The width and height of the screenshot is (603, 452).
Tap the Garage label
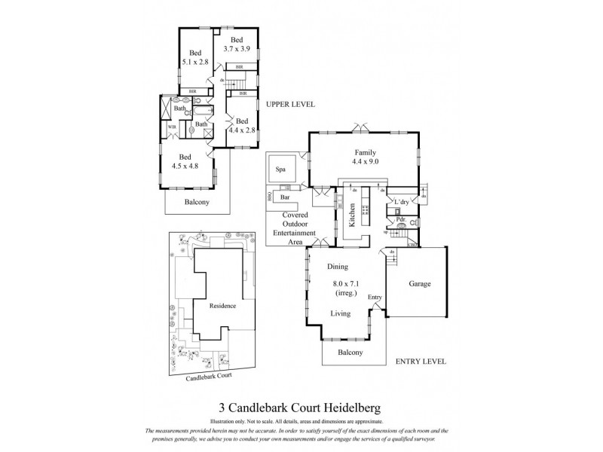[420, 285]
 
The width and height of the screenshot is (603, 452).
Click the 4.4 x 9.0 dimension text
[364, 161]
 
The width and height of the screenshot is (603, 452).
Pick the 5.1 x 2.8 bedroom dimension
[195, 63]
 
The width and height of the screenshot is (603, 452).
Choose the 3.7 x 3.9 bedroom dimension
[237, 50]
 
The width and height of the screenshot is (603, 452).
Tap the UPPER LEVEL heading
[289, 105]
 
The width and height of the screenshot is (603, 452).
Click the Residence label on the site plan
[222, 306]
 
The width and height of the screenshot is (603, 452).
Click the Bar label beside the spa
[285, 197]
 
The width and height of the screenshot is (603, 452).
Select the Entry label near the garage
[375, 298]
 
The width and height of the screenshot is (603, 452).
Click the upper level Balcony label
[197, 202]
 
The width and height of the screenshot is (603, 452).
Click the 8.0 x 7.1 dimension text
[347, 284]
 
